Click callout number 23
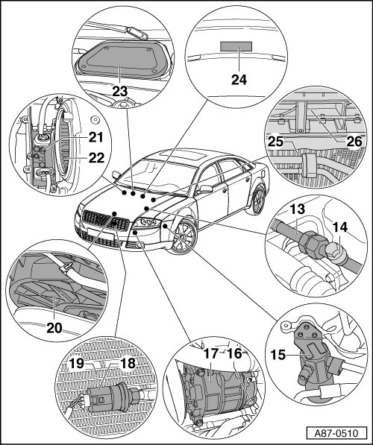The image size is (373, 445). coord(119,92)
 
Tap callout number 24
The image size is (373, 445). coord(239,80)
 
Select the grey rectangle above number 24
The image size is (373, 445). coord(236,46)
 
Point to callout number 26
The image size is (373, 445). coord(354,142)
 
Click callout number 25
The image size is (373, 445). coord(275,142)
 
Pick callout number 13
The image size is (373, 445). coord(297,209)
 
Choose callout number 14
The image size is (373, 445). coord(340,227)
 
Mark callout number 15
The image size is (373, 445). coord(278,355)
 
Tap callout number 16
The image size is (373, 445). coord(234,353)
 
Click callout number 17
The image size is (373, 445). coord(211,353)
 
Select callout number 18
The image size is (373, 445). coord(128,363)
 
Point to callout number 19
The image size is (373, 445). coord(77,363)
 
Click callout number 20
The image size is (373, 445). coord(54,328)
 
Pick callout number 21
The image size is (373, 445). coord(96,137)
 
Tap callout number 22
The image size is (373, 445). coord(96,158)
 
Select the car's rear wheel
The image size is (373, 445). coord(257,200)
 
